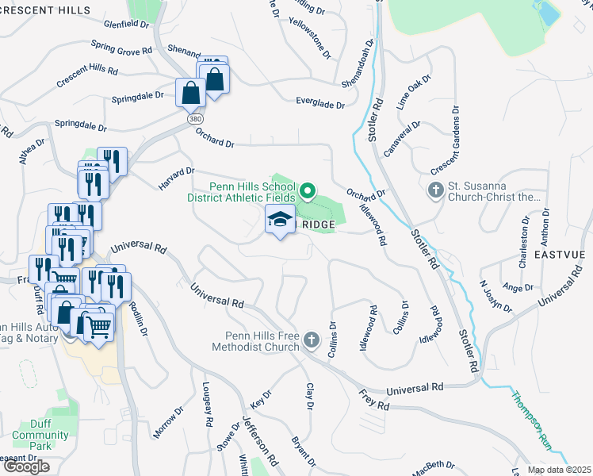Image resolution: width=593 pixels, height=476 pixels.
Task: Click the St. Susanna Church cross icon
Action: [435, 190]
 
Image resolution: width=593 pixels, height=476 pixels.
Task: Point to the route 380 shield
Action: [196, 118]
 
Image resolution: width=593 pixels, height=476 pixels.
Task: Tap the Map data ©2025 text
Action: [558, 470]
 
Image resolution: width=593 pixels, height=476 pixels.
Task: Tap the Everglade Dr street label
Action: [320, 105]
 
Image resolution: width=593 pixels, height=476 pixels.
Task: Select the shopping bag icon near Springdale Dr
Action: [191, 94]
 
